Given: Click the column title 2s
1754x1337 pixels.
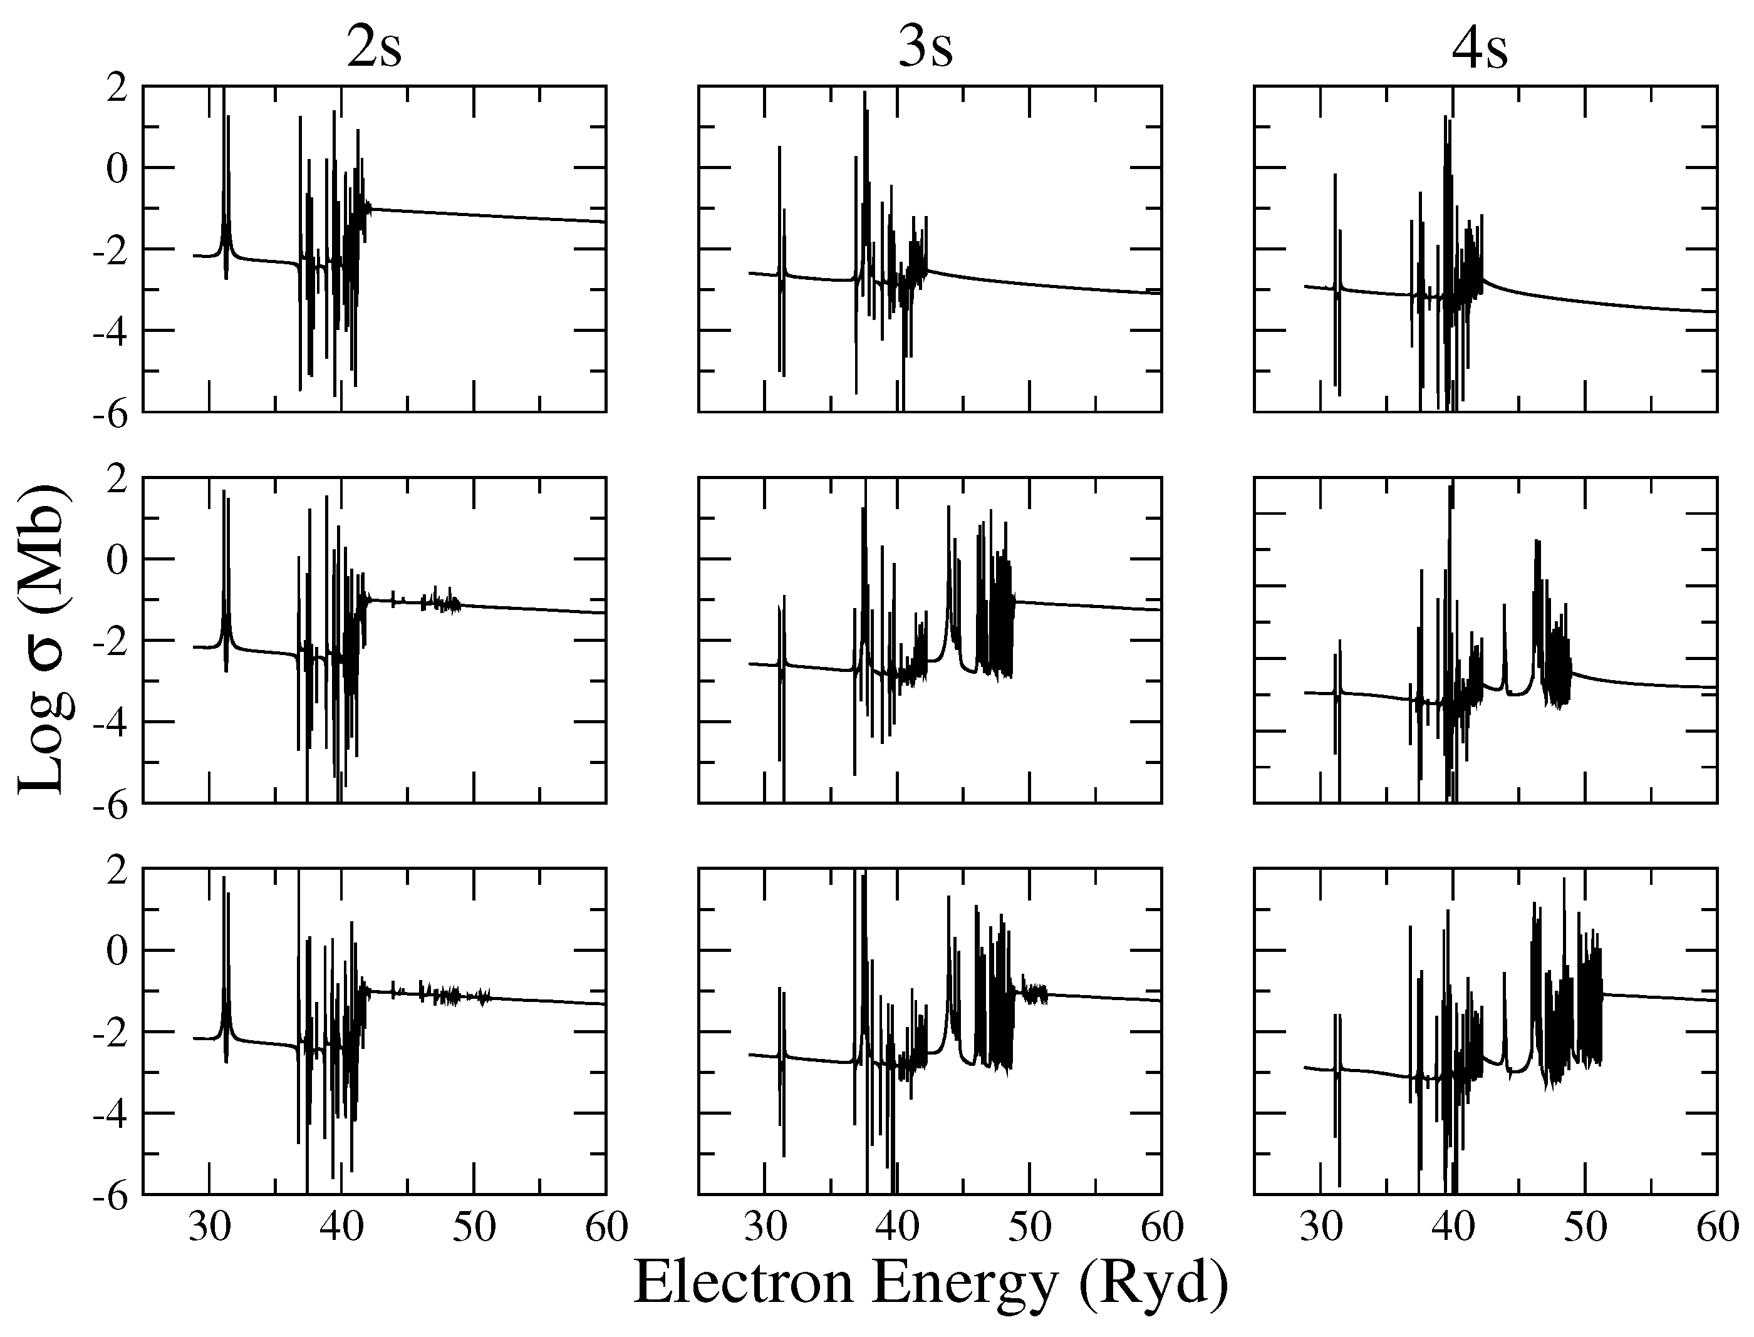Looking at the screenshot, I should [373, 50].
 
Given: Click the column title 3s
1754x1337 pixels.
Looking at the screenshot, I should [925, 50].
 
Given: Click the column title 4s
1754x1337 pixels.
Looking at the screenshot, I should [1480, 50].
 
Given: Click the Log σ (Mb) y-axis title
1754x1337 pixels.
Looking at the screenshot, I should [44, 641].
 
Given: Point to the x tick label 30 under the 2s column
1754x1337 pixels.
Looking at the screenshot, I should [209, 1228].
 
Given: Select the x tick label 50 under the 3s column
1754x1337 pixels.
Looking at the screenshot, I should [1029, 1228].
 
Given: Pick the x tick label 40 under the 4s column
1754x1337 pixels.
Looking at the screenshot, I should [1453, 1228].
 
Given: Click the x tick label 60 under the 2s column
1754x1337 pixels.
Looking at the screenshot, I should [606, 1228].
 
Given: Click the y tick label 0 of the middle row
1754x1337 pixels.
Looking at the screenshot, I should [117, 560].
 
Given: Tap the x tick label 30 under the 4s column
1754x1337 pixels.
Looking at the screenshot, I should [1321, 1228].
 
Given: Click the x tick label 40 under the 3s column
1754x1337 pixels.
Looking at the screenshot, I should [897, 1228].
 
